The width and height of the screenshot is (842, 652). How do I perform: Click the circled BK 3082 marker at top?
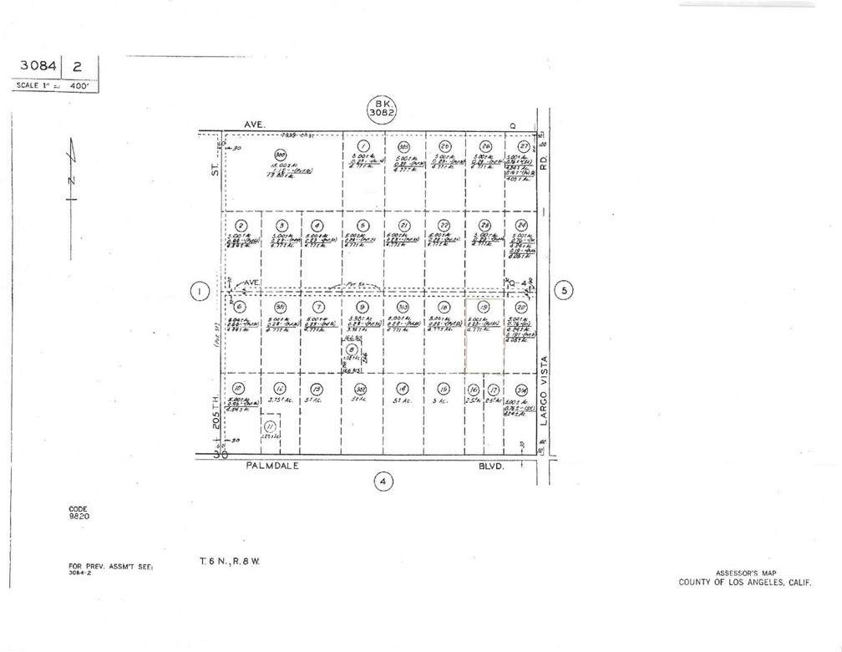coord(380,108)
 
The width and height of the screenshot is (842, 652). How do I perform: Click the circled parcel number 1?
coord(363,145)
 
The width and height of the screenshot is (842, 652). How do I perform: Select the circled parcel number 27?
coord(524,145)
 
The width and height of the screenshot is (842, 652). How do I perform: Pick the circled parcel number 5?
coord(363,226)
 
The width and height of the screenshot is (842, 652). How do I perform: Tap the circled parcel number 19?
coord(484,307)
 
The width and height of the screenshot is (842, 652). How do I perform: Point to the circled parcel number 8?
coord(351,349)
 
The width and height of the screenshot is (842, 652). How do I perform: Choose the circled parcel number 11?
coord(269,425)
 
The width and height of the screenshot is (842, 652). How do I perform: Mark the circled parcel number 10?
coord(238,389)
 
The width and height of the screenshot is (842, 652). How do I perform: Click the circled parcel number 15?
coord(444,389)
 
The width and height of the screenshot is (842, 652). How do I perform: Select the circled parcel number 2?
coord(241,226)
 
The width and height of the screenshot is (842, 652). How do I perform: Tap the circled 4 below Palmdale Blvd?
coord(383,481)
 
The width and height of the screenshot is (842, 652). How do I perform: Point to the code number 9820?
coord(79,517)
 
